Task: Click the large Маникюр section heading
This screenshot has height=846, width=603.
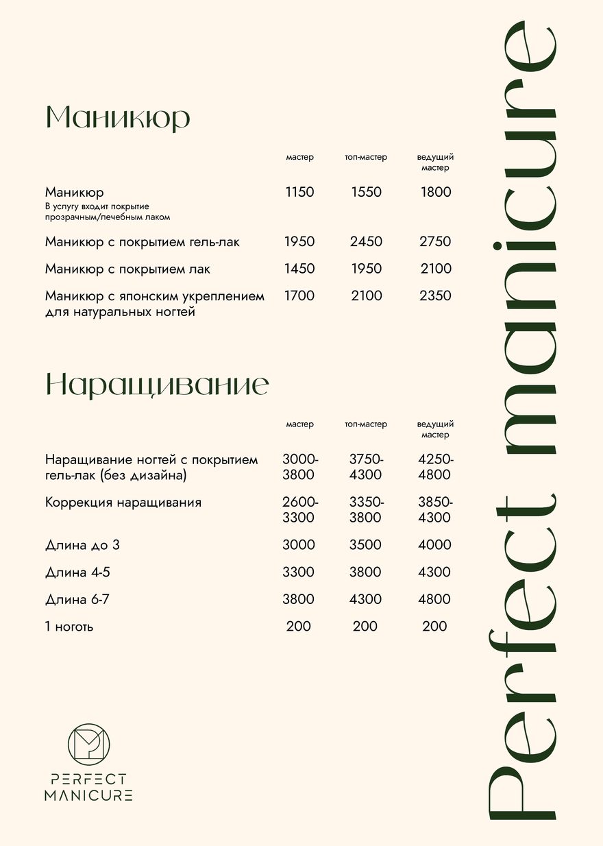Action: coord(117,118)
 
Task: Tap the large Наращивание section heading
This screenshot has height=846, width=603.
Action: coord(156,385)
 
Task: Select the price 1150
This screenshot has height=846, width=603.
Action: coord(299,193)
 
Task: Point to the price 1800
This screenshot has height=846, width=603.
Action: coord(436,193)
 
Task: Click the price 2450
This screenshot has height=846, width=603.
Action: coord(366,242)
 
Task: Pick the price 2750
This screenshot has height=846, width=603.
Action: coord(435,242)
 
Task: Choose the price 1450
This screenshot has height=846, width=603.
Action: coord(299,269)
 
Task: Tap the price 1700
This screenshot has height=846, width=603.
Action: coord(299,296)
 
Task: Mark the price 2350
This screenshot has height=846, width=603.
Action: coord(435,296)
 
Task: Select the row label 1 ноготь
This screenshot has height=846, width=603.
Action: coord(69,627)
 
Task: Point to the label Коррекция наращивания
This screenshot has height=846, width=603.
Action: coord(123,503)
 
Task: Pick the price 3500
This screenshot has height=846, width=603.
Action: coord(366,545)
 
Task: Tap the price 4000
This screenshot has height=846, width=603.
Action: coord(435,545)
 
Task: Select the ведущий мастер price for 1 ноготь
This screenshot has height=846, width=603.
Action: coord(434,627)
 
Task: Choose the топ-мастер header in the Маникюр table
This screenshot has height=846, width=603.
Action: coord(366,158)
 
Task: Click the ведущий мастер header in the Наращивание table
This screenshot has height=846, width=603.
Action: coord(435,430)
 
